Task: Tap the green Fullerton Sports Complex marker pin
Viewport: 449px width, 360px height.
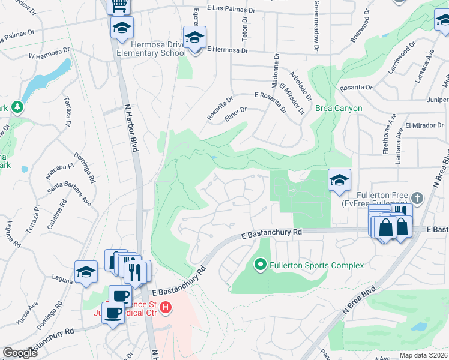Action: [x=261, y=264]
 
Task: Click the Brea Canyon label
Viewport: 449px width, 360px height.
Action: [x=339, y=109]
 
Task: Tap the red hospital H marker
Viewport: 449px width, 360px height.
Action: [x=166, y=309]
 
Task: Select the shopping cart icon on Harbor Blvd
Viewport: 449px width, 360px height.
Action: [x=119, y=5]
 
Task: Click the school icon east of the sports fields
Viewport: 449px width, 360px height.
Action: [x=339, y=179]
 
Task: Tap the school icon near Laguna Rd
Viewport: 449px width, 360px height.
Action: [x=86, y=271]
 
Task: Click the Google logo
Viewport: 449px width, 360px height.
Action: [x=20, y=353]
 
